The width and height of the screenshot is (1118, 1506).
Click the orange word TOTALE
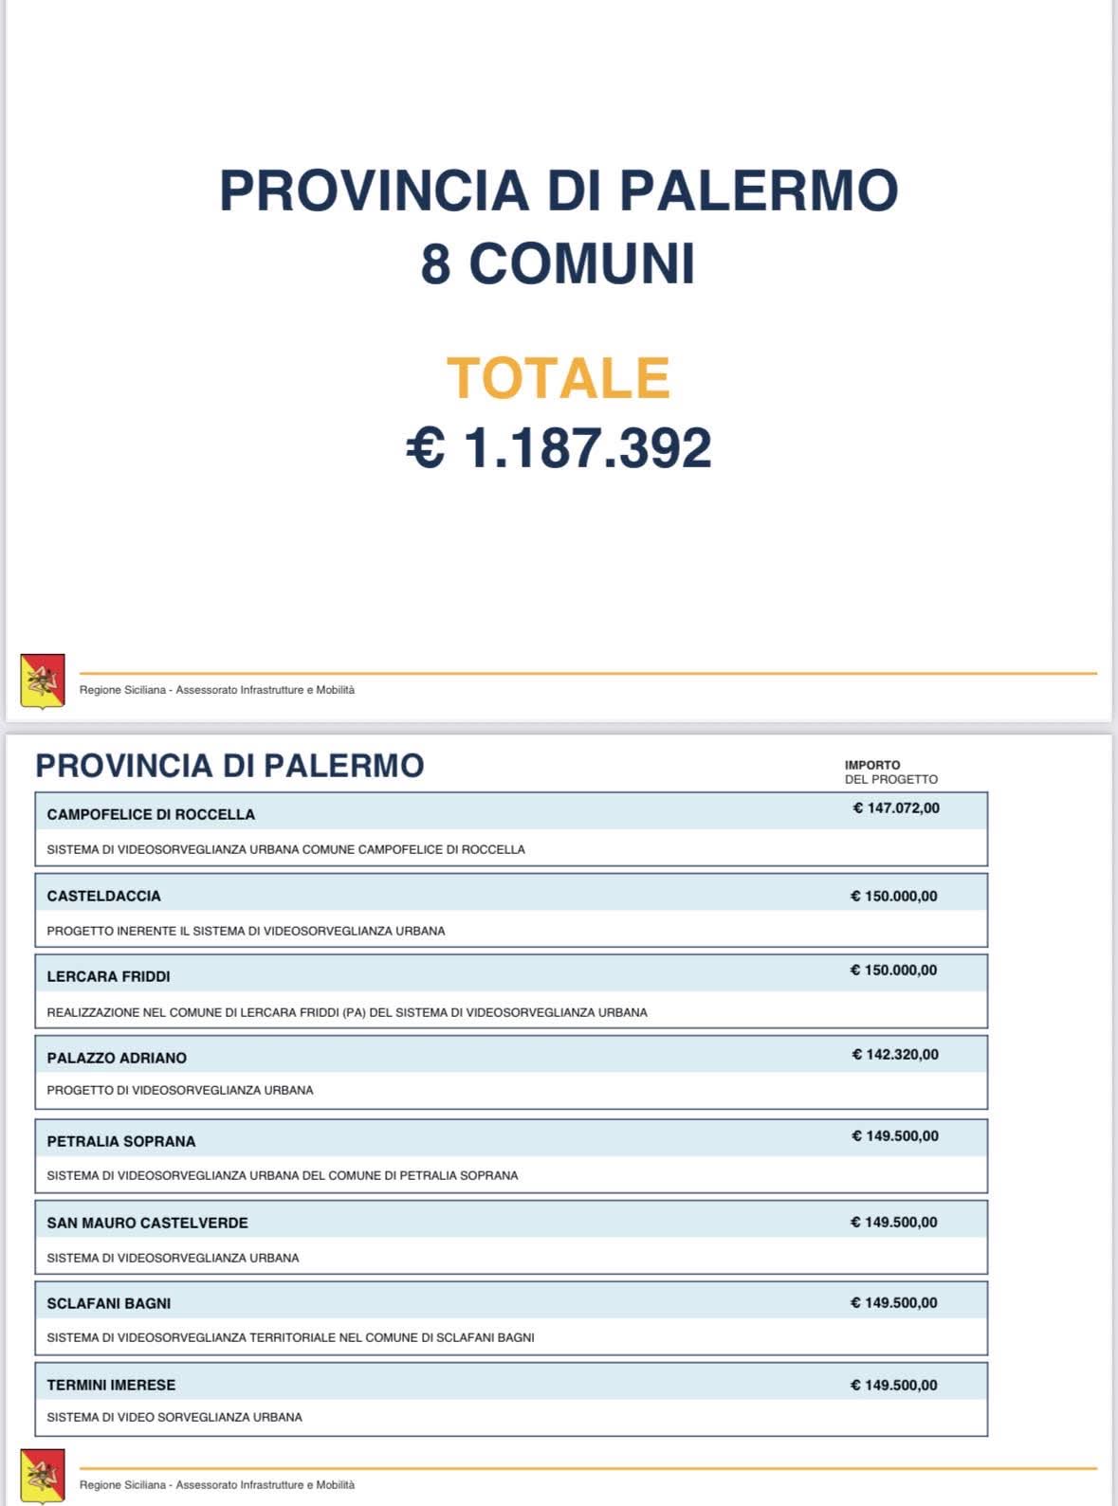(x=558, y=378)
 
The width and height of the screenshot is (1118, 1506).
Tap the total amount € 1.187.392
(x=559, y=448)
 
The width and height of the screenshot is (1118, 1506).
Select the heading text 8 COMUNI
(x=558, y=263)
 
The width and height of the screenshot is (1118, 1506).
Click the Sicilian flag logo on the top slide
(x=43, y=680)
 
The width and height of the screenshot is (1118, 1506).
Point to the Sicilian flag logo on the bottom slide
(x=43, y=1476)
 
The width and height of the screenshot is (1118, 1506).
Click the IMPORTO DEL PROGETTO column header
(x=890, y=772)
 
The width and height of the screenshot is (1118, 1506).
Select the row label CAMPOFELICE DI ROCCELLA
(x=151, y=814)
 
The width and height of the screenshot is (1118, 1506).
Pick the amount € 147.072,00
(x=896, y=808)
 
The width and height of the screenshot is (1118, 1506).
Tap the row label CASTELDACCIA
(x=104, y=896)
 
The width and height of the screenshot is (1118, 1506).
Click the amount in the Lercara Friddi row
(x=893, y=971)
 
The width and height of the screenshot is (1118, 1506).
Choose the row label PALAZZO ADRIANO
(x=117, y=1058)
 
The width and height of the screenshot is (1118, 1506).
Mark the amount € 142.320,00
(x=895, y=1054)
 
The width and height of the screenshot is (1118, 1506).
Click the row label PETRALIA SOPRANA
(x=121, y=1141)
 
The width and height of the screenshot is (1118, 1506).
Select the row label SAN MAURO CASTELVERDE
(x=147, y=1223)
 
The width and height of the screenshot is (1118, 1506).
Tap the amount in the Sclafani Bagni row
(x=893, y=1303)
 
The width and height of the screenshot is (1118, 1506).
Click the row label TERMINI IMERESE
(x=111, y=1385)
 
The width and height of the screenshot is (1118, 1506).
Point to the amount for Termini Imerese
(x=893, y=1385)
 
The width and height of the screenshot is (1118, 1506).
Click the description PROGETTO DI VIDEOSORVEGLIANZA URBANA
(x=180, y=1090)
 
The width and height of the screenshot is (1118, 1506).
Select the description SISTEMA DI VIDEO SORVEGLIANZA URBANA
(x=174, y=1417)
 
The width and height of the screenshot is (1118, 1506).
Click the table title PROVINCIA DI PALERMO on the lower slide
(x=229, y=766)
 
